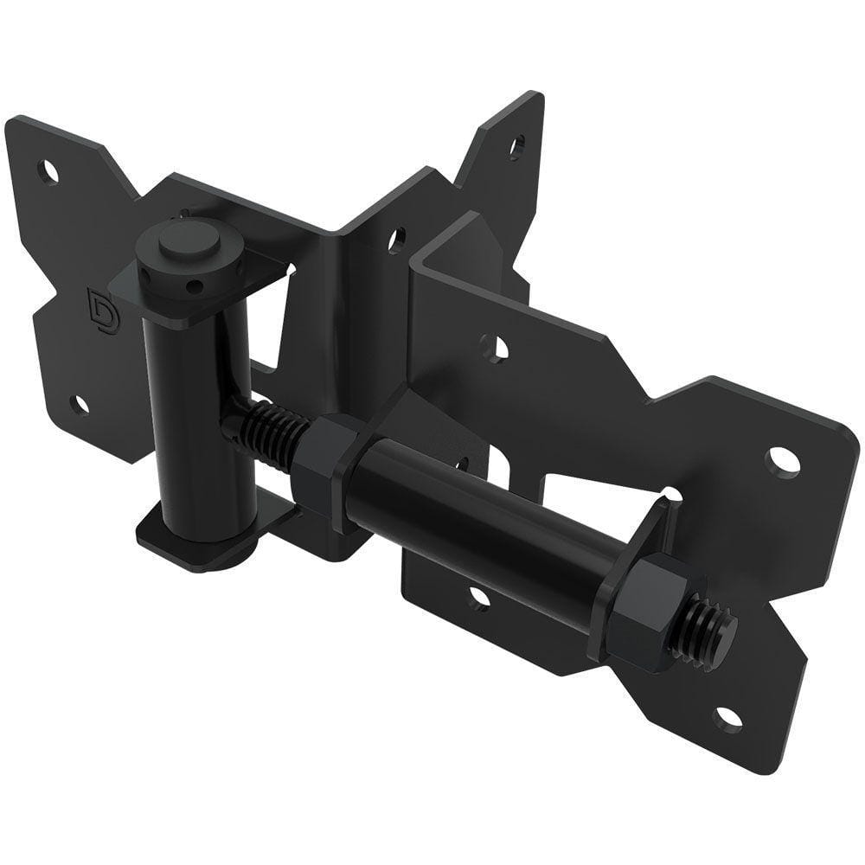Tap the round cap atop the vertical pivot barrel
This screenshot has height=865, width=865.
pyautogui.click(x=187, y=239)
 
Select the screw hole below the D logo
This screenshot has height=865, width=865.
pyautogui.click(x=79, y=404)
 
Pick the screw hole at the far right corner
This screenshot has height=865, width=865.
pyautogui.click(x=784, y=460)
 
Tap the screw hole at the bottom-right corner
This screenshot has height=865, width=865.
pyautogui.click(x=728, y=718)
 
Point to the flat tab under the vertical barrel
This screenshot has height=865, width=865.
pyautogui.click(x=173, y=536)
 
